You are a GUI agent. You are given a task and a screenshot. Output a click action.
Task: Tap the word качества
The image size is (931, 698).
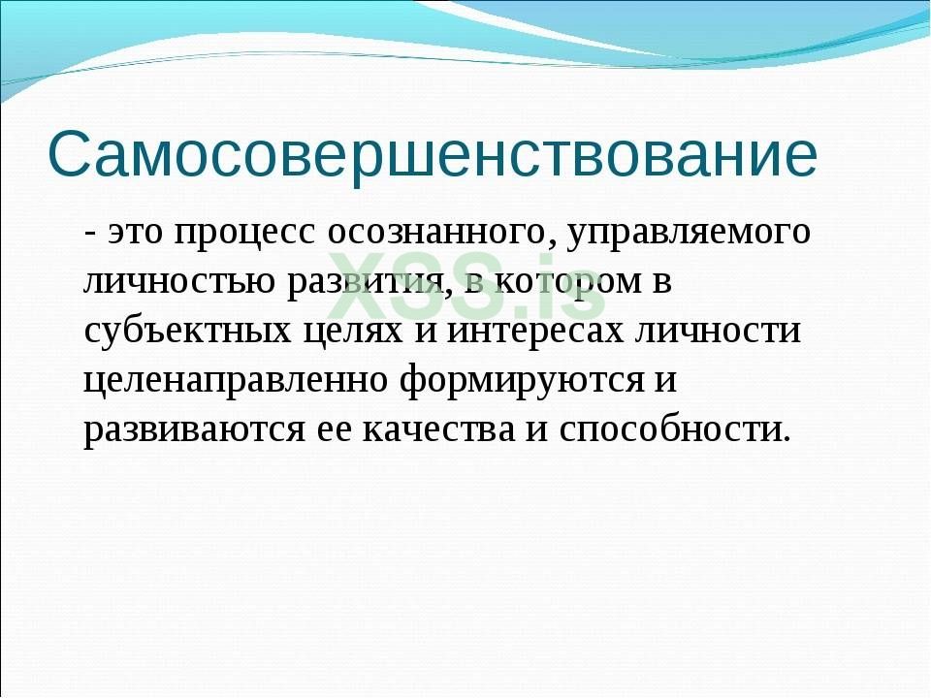pos(438,428)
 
